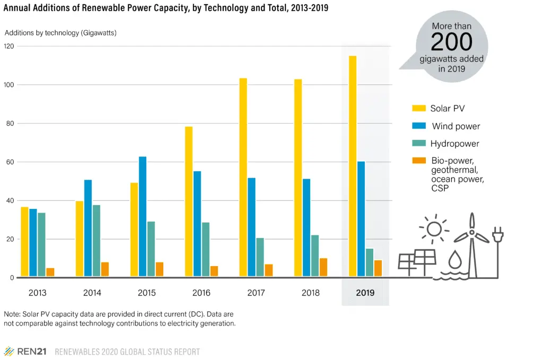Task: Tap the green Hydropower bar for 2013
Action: [41, 244]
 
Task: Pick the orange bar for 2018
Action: [323, 267]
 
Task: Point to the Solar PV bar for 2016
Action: [189, 201]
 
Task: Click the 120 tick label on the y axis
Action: [9, 46]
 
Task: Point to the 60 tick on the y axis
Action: [9, 162]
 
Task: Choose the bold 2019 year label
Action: [365, 293]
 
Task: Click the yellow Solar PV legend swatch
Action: [419, 109]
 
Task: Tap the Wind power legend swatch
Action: [419, 126]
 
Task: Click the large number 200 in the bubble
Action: [451, 41]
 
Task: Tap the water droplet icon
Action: [455, 260]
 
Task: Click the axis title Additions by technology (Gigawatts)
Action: [60, 33]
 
